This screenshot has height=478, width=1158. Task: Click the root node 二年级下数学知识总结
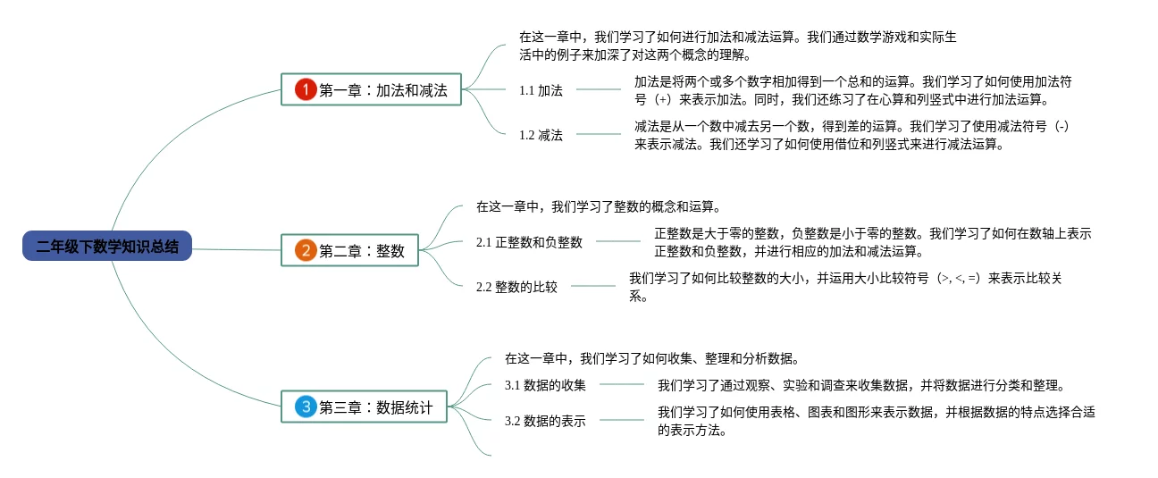[x=107, y=247]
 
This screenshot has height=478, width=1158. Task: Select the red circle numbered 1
[x=306, y=89]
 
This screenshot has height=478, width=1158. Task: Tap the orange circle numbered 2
[x=306, y=250]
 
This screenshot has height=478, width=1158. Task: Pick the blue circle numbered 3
[x=306, y=407]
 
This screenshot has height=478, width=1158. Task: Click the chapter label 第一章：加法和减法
[x=383, y=90]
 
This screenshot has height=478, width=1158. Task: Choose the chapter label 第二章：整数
[x=362, y=251]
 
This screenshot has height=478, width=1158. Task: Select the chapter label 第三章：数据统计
[x=376, y=407]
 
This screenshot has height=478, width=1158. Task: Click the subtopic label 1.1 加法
[x=541, y=90]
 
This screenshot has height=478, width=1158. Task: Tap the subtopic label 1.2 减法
[x=541, y=135]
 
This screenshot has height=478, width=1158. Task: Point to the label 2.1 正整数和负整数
[x=529, y=242]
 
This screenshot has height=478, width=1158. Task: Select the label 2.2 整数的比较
[x=516, y=287]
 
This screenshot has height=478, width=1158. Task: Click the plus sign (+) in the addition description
[x=662, y=99]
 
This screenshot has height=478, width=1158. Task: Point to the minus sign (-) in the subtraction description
[x=1061, y=127]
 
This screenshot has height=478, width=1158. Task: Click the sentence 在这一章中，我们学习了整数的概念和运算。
[x=598, y=206]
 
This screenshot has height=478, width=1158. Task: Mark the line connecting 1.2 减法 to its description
[x=598, y=135]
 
